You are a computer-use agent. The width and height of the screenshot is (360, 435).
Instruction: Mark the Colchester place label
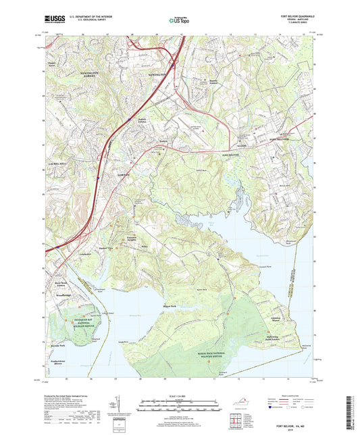[86, 253]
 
